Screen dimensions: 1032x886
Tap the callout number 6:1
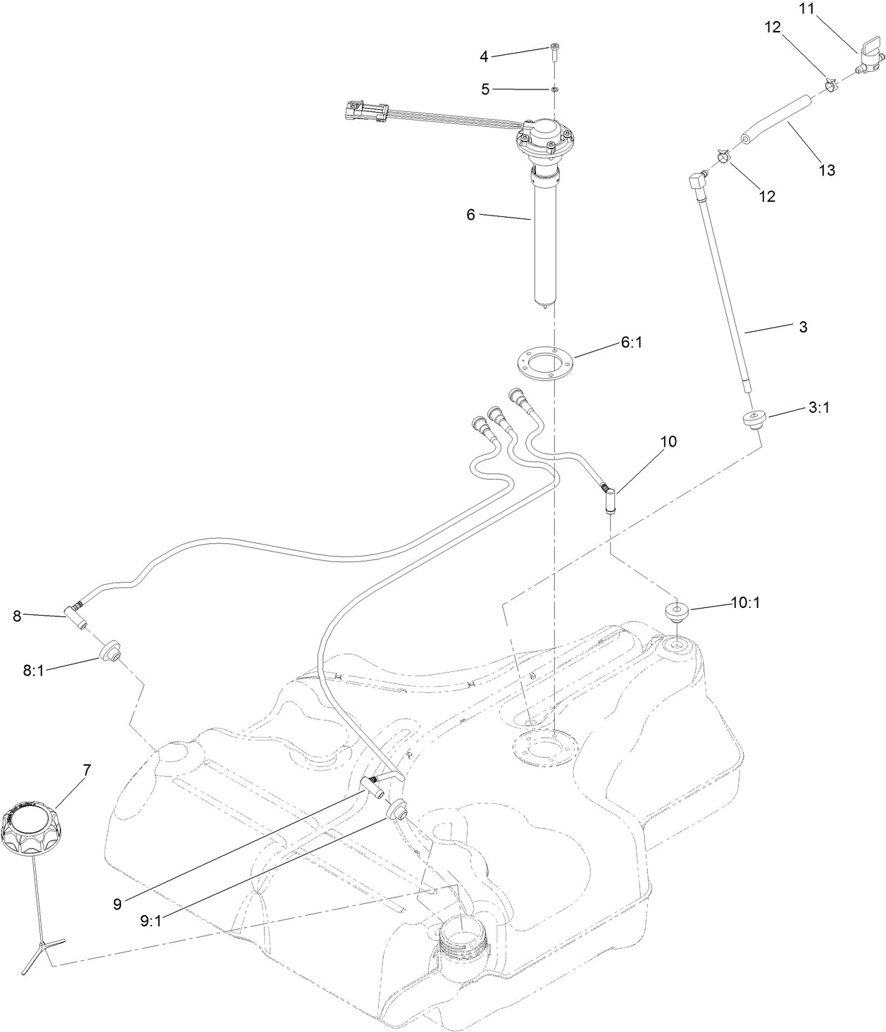pos(631,342)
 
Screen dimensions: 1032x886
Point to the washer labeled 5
pos(554,89)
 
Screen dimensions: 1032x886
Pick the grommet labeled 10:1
pos(677,611)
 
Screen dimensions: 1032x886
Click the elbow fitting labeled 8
pos(77,614)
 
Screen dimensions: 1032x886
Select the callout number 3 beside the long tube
pos(803,327)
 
